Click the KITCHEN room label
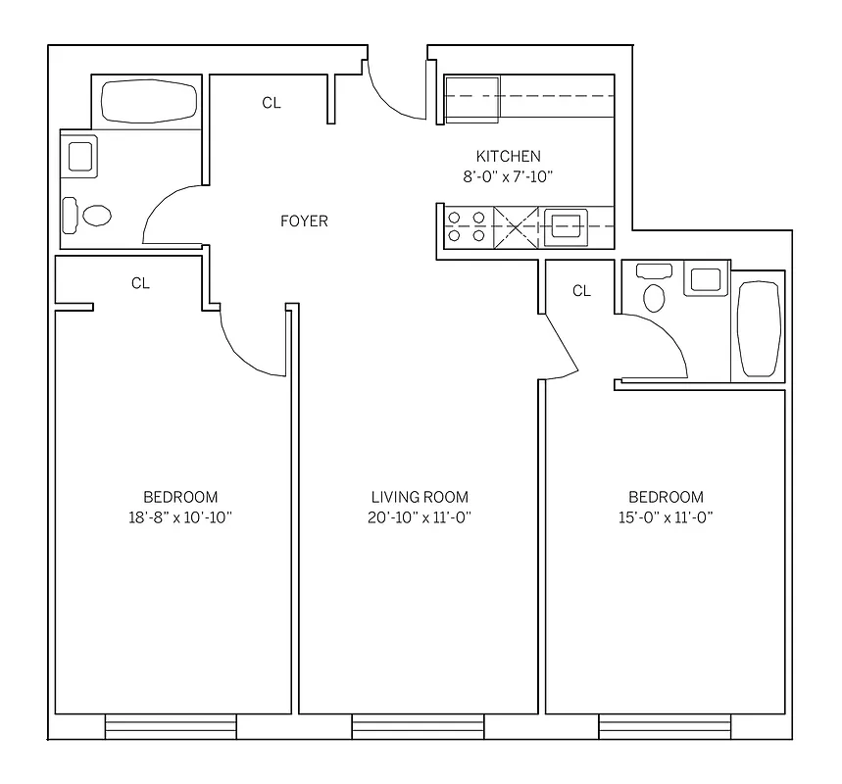(508, 156)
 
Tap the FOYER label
(304, 220)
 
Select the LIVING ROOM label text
(420, 497)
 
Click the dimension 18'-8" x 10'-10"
(180, 517)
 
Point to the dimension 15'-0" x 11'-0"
(666, 517)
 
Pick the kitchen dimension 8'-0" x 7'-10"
(508, 176)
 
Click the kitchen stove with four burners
(467, 225)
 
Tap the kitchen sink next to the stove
(567, 225)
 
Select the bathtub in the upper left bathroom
(149, 101)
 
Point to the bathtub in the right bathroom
(758, 328)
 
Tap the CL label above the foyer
(272, 103)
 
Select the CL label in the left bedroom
(140, 283)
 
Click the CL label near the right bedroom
(581, 290)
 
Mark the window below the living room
(419, 727)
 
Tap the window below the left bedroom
(172, 727)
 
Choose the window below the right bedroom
(665, 727)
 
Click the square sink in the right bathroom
(705, 279)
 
